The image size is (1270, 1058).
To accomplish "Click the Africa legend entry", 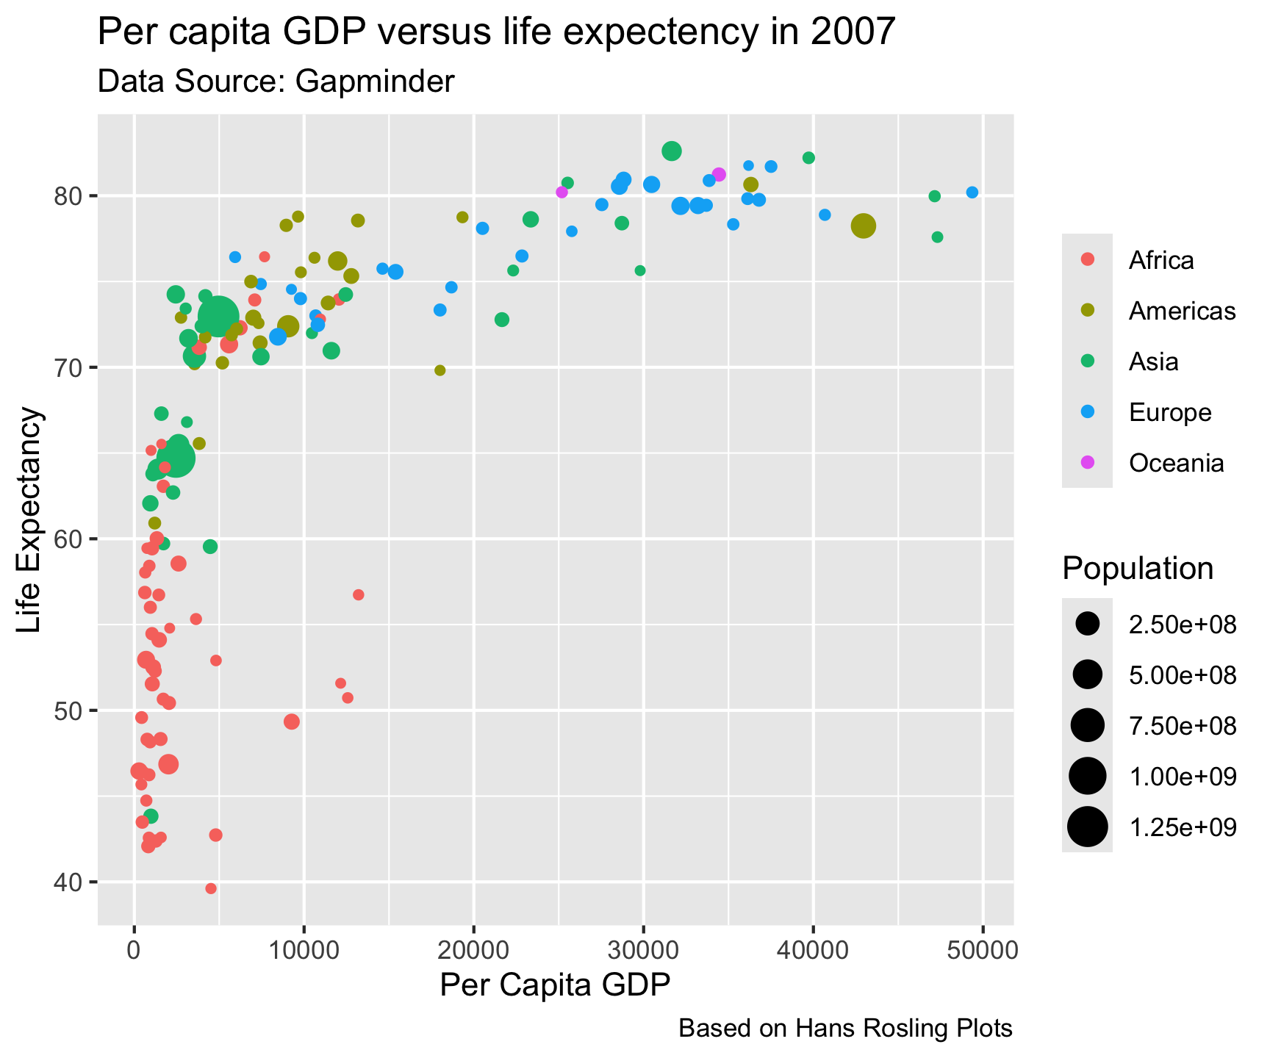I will pyautogui.click(x=1161, y=260).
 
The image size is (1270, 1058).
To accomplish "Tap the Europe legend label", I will pyautogui.click(x=1170, y=412).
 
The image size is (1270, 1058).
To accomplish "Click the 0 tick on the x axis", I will pyautogui.click(x=134, y=950).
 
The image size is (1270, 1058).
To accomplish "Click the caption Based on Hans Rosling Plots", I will pyautogui.click(x=845, y=1029).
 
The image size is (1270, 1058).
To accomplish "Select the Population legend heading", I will pyautogui.click(x=1137, y=569).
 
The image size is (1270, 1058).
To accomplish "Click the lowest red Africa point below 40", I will pyautogui.click(x=211, y=888).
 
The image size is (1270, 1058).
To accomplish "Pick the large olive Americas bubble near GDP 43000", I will pyautogui.click(x=864, y=226).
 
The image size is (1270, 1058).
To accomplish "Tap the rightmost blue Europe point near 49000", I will pyautogui.click(x=972, y=192).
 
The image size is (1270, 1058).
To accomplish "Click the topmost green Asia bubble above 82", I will pyautogui.click(x=671, y=151).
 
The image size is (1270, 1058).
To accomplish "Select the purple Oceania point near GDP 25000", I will pyautogui.click(x=562, y=192).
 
